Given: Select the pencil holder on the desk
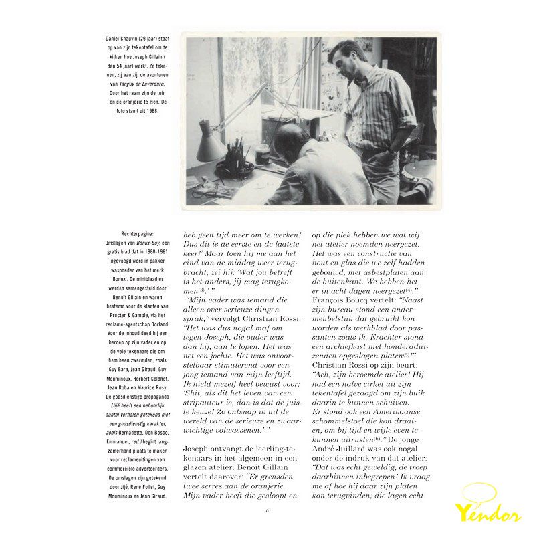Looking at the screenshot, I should coord(235,161).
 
